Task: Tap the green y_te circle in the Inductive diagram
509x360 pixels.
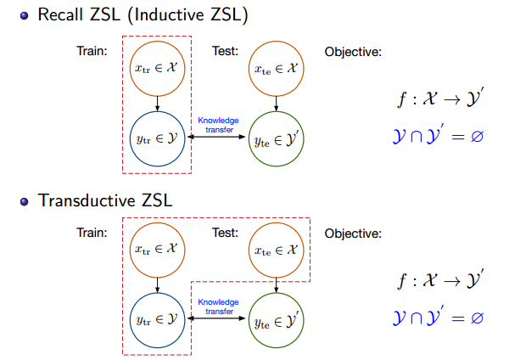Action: tap(277, 139)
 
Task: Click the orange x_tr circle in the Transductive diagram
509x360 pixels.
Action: tap(158, 249)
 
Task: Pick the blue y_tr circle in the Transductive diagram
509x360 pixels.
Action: tap(158, 319)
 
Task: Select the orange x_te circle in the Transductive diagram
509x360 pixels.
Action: tap(277, 249)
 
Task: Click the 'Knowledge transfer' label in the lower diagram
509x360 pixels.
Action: tap(218, 306)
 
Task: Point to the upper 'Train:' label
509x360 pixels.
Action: tap(91, 52)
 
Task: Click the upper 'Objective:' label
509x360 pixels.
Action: tap(353, 52)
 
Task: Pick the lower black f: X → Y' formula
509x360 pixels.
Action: tap(440, 281)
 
